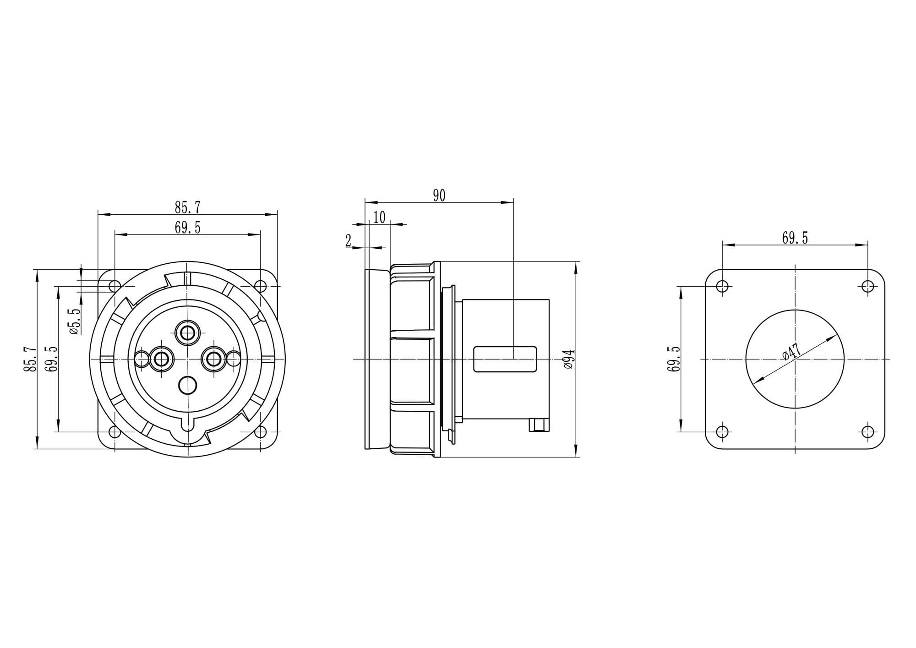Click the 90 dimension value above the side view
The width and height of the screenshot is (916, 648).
click(x=439, y=196)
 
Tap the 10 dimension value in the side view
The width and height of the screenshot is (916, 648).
click(x=379, y=217)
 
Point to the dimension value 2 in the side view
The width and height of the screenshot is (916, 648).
click(x=349, y=240)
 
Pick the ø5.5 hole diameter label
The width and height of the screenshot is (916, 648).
click(x=76, y=321)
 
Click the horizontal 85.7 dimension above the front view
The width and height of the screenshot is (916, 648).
click(x=187, y=207)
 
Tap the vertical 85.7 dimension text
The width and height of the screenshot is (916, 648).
click(x=30, y=359)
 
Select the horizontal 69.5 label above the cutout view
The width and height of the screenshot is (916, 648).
click(x=795, y=238)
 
